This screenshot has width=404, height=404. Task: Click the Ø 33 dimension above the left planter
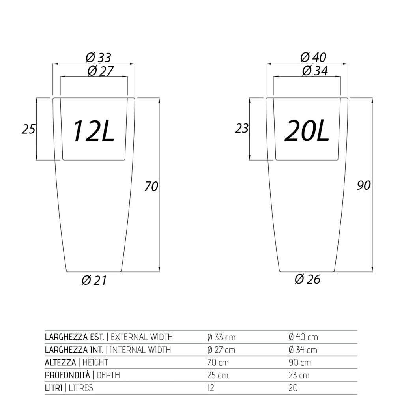[x=98, y=58]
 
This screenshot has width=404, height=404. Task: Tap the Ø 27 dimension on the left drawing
[x=101, y=71]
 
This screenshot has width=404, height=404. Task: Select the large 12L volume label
[x=94, y=131]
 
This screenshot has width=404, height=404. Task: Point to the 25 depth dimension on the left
[x=28, y=129]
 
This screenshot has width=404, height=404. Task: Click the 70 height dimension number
[x=151, y=186]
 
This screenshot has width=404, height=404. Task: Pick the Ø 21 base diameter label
[x=94, y=280]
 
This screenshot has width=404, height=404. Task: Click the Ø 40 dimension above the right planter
[x=313, y=57]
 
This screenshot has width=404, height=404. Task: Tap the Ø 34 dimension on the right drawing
[x=315, y=71]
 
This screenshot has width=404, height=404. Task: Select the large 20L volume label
[x=307, y=131]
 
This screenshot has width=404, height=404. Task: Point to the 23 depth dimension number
[x=242, y=128]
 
